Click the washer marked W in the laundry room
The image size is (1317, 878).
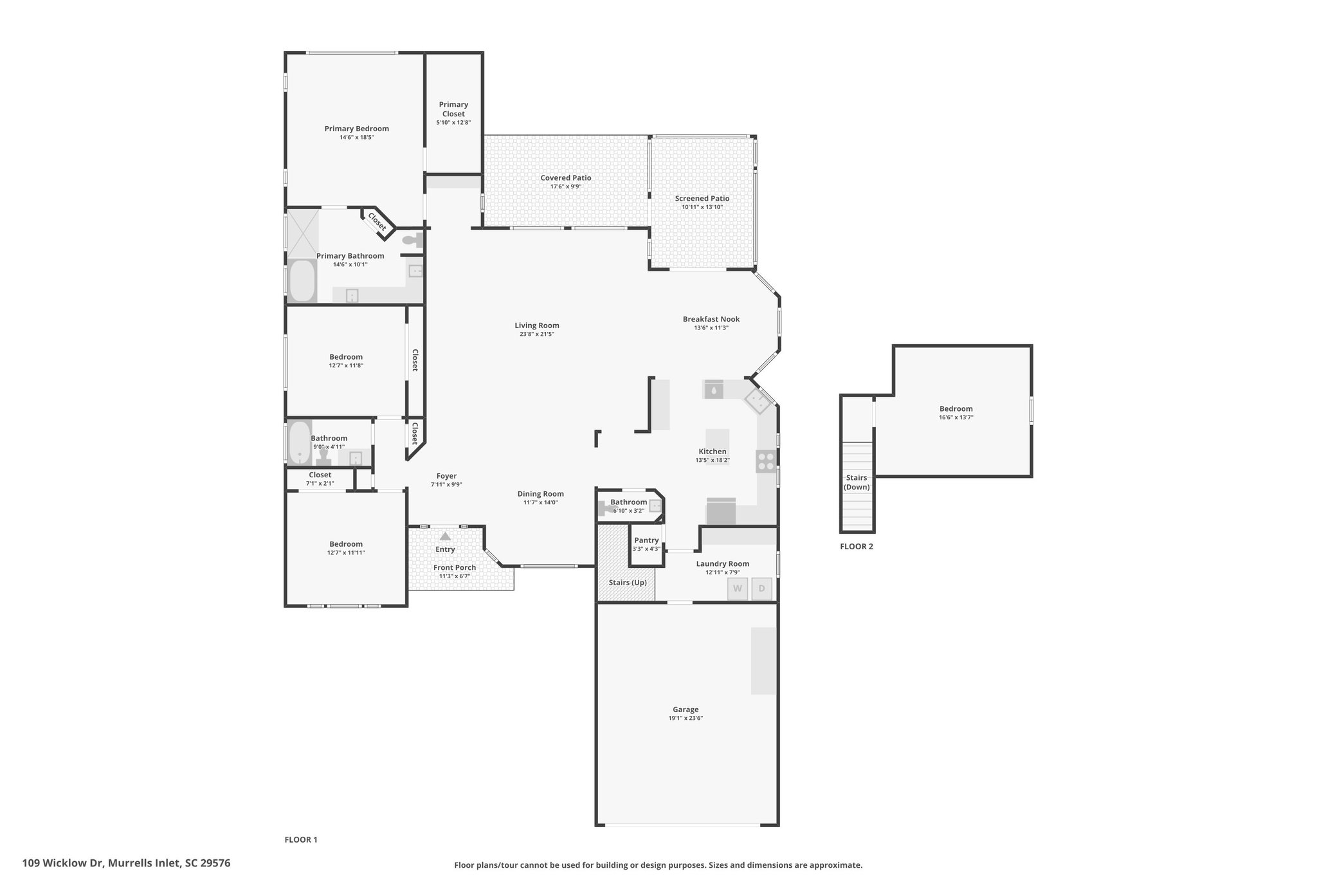pos(738,589)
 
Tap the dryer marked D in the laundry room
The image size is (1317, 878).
pos(762,589)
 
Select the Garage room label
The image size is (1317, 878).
pos(686,709)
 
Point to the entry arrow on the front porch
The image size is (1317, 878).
pos(445,536)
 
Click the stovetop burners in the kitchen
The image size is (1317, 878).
pos(766,462)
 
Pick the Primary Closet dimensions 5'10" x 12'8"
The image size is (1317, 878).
pos(453,122)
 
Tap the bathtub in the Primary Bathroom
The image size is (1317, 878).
pos(302,280)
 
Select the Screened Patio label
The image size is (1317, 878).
pos(702,198)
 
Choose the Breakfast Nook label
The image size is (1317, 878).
pos(711,319)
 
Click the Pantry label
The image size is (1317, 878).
pos(646,540)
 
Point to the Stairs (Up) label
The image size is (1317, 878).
pos(628,583)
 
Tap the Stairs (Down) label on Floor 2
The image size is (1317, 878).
pos(857,482)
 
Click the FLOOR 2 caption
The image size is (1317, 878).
pos(857,547)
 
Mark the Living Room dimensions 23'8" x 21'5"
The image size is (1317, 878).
pos(537,334)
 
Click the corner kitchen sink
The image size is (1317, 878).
pos(758,401)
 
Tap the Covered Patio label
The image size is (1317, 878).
pos(566,178)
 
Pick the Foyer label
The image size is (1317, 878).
pos(446,476)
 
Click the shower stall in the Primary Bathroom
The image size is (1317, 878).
pos(302,232)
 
